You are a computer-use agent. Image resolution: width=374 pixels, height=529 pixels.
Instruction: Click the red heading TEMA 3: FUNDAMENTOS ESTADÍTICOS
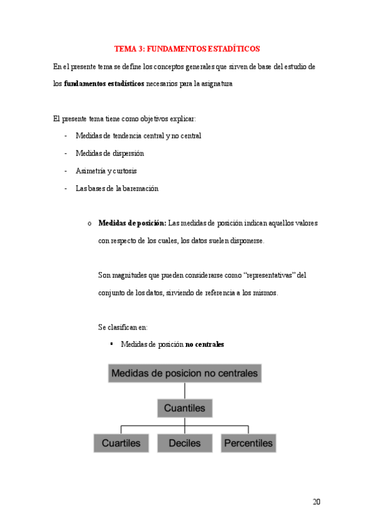point(187,48)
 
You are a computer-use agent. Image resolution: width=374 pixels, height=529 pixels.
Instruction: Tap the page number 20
point(315,502)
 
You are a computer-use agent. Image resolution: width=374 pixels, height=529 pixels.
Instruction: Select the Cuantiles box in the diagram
point(184,409)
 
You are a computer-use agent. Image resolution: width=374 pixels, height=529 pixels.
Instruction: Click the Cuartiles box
point(121,443)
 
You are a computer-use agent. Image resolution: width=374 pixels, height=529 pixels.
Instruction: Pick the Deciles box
point(184,443)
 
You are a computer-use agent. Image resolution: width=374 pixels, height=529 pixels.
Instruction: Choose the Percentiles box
point(248,443)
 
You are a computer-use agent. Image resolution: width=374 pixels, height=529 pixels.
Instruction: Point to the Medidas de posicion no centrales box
point(184,374)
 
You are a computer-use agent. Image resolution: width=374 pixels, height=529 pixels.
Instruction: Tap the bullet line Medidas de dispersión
point(109,153)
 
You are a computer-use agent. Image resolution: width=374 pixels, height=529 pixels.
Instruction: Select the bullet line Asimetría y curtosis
point(106,170)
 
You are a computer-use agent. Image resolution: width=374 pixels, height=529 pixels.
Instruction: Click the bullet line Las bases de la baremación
point(117,188)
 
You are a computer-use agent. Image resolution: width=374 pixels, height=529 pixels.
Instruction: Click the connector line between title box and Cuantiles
point(184,391)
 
